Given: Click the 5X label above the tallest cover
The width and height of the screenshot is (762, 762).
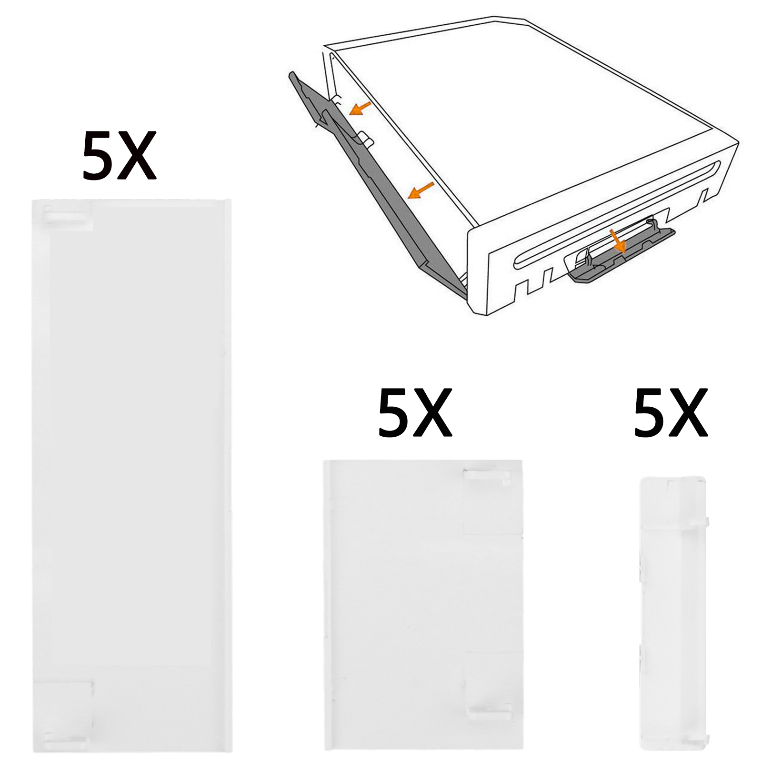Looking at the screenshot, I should coord(119,156).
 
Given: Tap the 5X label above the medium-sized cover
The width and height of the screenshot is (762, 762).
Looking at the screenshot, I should coord(415,413).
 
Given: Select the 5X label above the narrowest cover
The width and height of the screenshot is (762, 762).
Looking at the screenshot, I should coord(671,413).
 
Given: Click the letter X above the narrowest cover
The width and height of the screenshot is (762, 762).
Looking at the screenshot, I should coord(688,413).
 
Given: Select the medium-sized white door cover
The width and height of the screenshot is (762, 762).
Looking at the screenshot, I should coord(423,605).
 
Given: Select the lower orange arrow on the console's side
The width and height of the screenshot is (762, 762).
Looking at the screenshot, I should coord(421,190).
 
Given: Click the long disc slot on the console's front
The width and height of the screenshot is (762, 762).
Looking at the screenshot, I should coord(614,214).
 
